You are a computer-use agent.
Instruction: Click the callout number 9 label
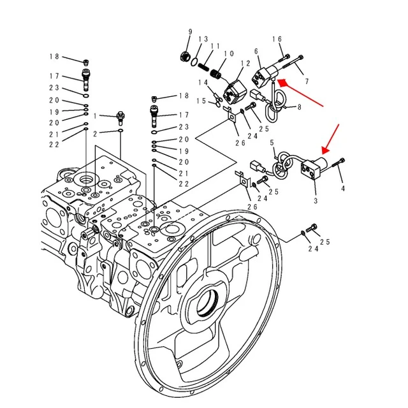[x=189, y=33]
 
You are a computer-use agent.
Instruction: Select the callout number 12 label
[x=245, y=64]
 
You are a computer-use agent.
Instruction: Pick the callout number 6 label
[x=256, y=51]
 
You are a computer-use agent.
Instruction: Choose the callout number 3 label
[x=315, y=201]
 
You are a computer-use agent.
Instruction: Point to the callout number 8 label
[x=299, y=107]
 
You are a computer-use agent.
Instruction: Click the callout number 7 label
[x=307, y=82]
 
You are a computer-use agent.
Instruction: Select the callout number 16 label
[x=277, y=40]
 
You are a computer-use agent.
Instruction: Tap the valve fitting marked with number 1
[x=119, y=117]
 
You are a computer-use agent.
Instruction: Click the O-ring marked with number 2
[x=120, y=133]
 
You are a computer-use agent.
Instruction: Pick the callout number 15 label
[x=201, y=101]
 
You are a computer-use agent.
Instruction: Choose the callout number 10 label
[x=229, y=54]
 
